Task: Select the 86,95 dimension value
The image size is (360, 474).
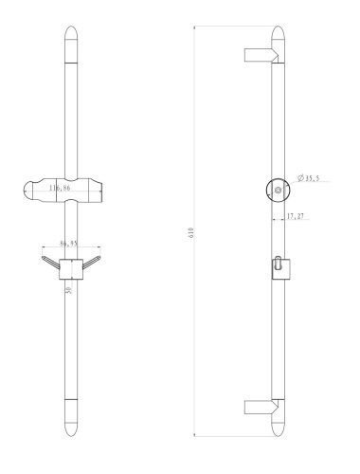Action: [67, 244]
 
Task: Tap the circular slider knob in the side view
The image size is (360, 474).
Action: [276, 190]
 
